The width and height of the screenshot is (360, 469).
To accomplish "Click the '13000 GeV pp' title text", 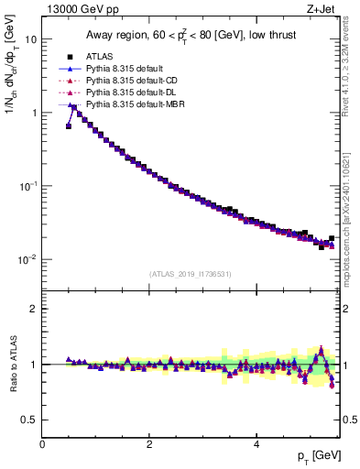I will click(x=79, y=11).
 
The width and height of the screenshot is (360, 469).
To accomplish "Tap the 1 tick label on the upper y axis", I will click(x=33, y=113).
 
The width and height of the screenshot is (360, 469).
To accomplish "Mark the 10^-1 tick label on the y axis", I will click(x=27, y=185).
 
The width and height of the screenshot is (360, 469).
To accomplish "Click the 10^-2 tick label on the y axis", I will click(x=27, y=258).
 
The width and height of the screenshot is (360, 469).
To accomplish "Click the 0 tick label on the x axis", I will click(x=42, y=443).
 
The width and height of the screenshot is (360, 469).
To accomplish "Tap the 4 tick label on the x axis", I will click(x=256, y=443).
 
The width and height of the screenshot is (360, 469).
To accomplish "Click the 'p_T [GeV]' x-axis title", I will click(x=317, y=457).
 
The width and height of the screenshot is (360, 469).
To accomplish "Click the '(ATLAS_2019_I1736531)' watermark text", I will click(x=190, y=274).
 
